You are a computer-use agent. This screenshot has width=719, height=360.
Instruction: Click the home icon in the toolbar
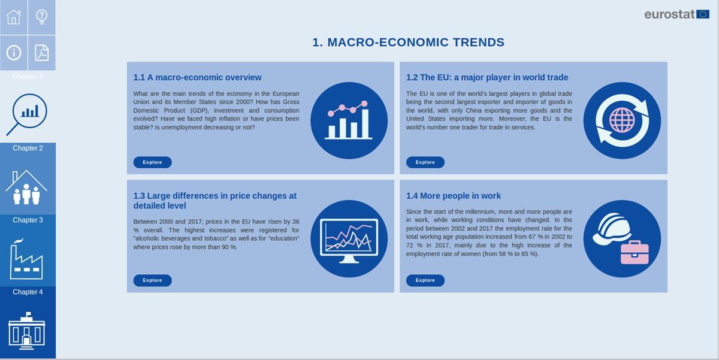tap(14, 17)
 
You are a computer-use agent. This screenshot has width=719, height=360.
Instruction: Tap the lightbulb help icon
tap(42, 17)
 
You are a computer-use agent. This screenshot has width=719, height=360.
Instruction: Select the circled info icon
tap(14, 53)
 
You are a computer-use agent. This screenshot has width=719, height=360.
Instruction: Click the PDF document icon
tap(42, 53)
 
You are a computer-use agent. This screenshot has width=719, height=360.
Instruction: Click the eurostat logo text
tap(670, 14)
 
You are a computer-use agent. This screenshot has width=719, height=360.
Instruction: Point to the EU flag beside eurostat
tap(703, 14)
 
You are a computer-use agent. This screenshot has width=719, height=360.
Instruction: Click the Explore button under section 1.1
tap(152, 162)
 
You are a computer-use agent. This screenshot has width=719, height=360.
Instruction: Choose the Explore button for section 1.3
tap(152, 280)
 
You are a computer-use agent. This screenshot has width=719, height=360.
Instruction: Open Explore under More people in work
tap(425, 280)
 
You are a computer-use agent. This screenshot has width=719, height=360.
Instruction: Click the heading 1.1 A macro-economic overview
tap(197, 77)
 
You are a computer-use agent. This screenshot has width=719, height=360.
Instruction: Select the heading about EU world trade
tap(487, 77)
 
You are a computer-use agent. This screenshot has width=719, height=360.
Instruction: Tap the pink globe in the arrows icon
tap(622, 120)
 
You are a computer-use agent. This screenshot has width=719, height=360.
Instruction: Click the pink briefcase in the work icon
tap(635, 253)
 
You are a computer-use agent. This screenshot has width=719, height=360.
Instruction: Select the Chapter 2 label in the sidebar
tap(28, 148)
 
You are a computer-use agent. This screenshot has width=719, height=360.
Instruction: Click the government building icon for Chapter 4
tap(26, 331)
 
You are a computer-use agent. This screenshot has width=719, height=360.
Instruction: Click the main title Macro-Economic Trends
tap(408, 43)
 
